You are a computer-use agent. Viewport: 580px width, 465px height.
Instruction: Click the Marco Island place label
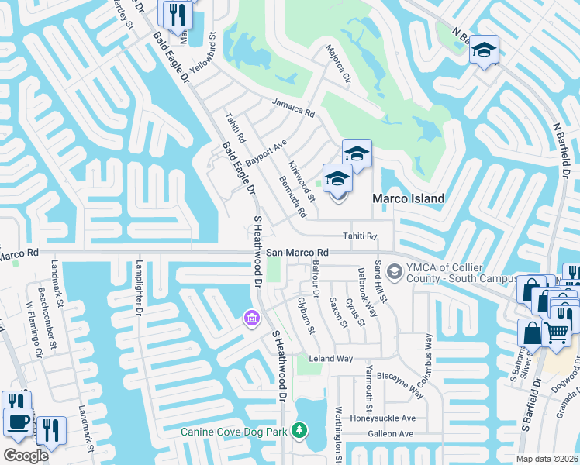[x=409, y=198]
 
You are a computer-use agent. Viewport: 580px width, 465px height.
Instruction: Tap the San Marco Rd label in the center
[x=298, y=253]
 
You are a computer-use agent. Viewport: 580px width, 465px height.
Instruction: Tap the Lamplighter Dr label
[x=140, y=288]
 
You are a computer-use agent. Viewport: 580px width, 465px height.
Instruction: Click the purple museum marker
[x=250, y=318]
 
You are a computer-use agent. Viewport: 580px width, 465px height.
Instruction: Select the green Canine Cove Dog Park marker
[x=299, y=430]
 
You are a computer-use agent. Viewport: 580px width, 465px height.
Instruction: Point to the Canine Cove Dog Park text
[x=234, y=432]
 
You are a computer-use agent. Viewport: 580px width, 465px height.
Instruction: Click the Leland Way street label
[x=331, y=359]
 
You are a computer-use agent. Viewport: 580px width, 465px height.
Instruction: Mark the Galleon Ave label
[x=390, y=434]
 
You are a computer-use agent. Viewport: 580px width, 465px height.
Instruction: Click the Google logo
[x=26, y=455]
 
